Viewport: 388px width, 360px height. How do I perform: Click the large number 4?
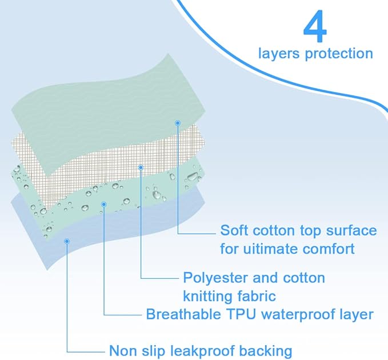coord(314,26)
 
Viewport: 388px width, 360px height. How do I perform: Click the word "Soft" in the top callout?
coord(233,231)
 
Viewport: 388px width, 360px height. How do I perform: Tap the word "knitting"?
coord(210,296)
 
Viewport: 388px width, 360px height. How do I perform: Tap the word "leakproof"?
coord(203,350)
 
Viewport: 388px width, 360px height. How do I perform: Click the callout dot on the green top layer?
coord(178,123)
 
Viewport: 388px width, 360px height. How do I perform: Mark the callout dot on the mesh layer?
coord(141,167)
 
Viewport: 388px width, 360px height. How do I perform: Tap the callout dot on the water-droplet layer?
coord(103,203)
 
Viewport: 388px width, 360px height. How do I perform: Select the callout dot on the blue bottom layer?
coord(67,242)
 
